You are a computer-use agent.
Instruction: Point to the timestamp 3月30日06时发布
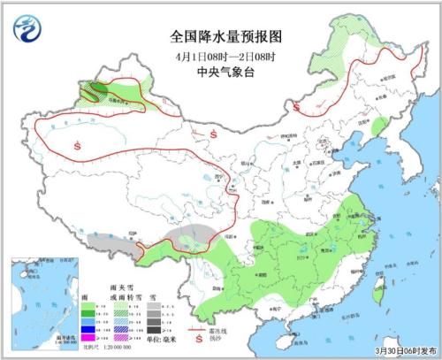404,351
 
